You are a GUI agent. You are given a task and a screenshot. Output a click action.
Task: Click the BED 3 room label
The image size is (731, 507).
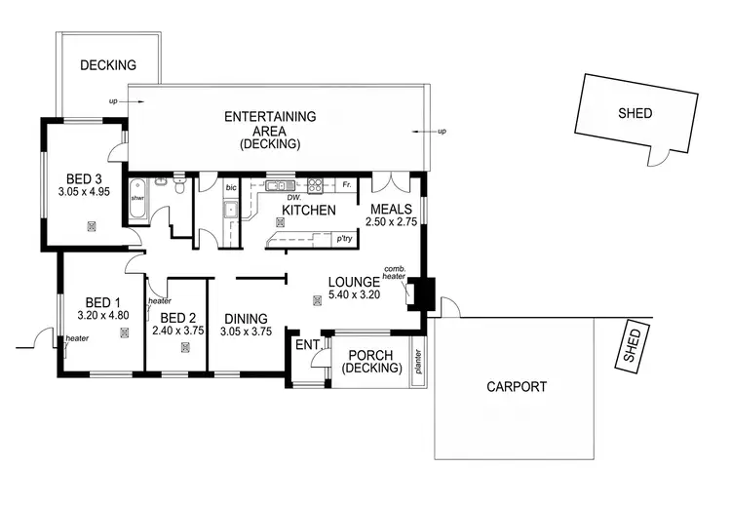click(x=84, y=178)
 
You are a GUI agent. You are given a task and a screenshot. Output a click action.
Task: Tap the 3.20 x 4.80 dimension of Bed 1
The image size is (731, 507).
click(x=104, y=316)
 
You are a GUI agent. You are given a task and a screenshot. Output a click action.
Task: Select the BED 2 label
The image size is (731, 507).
click(x=177, y=318)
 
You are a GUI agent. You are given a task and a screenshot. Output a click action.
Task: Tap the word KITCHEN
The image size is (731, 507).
click(x=309, y=210)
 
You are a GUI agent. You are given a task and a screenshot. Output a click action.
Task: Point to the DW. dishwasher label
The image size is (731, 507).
click(x=279, y=196)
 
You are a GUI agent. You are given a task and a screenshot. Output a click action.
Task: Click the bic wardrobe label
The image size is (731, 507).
click(x=231, y=185)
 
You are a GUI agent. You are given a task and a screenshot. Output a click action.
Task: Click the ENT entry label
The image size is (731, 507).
click(x=307, y=345)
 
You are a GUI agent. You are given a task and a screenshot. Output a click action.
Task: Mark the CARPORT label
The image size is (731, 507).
click(x=516, y=387)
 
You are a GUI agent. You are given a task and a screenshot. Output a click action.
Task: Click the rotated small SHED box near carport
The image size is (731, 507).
click(x=634, y=346)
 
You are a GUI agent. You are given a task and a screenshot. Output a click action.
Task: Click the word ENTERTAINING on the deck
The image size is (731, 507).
click(x=270, y=116)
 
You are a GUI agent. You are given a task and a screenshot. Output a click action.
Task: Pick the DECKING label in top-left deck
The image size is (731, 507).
click(x=107, y=66)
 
